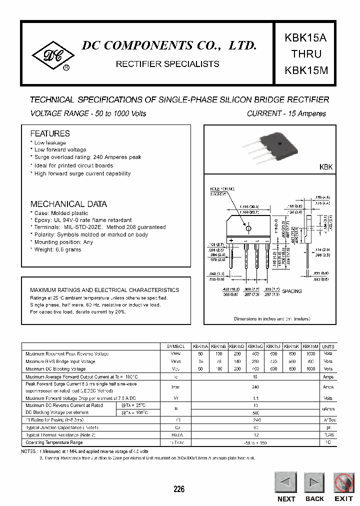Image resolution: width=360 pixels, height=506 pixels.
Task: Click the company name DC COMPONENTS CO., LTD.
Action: tap(169, 45)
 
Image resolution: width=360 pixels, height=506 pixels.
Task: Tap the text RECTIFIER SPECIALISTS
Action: tap(167, 64)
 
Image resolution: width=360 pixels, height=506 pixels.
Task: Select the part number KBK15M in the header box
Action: tap(306, 70)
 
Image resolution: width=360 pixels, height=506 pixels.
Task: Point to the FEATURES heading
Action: tap(50, 133)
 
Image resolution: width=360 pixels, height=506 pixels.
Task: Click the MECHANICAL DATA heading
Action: tap(68, 204)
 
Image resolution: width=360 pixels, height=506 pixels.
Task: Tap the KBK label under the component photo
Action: tap(325, 167)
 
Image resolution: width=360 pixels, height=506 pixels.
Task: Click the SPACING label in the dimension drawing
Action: tap(292, 291)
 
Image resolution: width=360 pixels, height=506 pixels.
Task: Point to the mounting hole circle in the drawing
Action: tap(248, 227)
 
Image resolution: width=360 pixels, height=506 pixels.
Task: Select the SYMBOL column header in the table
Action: tap(176, 346)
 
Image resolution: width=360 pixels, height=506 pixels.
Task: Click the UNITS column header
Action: tap(328, 346)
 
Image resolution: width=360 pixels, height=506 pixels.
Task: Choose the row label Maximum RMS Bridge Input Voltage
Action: tap(60, 361)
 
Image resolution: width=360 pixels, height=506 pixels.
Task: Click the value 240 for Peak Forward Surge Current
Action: tap(255, 387)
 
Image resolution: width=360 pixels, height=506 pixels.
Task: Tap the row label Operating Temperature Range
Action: tap(54, 442)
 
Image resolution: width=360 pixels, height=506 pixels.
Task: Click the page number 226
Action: tap(178, 489)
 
